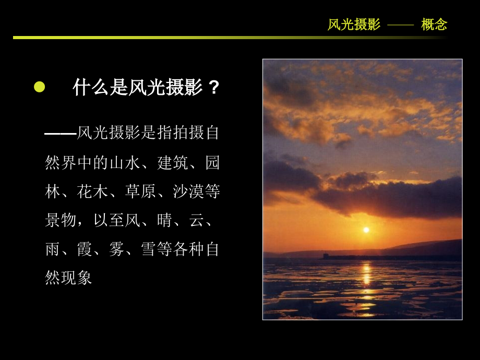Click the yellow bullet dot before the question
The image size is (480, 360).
pyautogui.click(x=40, y=87)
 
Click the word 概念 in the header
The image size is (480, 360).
pyautogui.click(x=434, y=25)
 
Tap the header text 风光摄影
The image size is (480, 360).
pyautogui.click(x=354, y=25)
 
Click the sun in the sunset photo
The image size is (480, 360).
pyautogui.click(x=366, y=230)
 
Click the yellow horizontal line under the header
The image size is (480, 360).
pyautogui.click(x=230, y=38)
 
